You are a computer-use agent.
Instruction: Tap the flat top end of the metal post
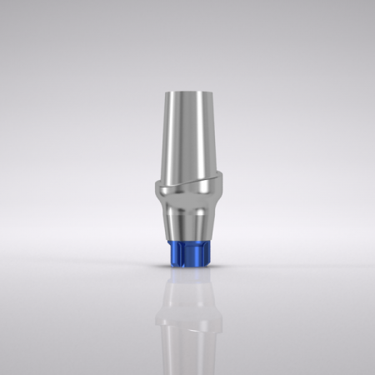coord(188,92)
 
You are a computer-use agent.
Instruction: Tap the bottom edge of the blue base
coord(188,267)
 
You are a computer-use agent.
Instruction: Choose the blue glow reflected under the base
coord(188,275)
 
